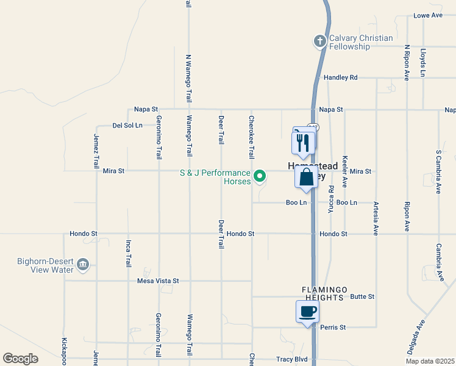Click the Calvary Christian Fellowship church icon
coord(319,41)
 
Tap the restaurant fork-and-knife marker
coord(303,143)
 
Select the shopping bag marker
coord(306,178)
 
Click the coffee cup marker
coord(307,312)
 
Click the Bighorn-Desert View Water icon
coord(84,265)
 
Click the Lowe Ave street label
coord(428,15)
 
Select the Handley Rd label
coord(340,77)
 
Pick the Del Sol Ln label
coord(127,126)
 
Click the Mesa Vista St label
coord(158,281)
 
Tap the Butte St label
coord(362,296)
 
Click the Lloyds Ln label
coord(422,63)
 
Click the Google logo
coord(20,359)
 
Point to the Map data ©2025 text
coord(429,361)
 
